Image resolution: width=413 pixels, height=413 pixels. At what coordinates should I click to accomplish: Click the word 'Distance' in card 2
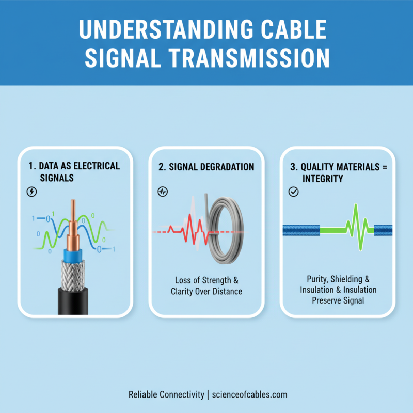tap(224, 291)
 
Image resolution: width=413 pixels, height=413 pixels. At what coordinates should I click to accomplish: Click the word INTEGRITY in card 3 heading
tap(323, 178)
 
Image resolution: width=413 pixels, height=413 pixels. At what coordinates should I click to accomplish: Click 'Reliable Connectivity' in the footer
tap(166, 394)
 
